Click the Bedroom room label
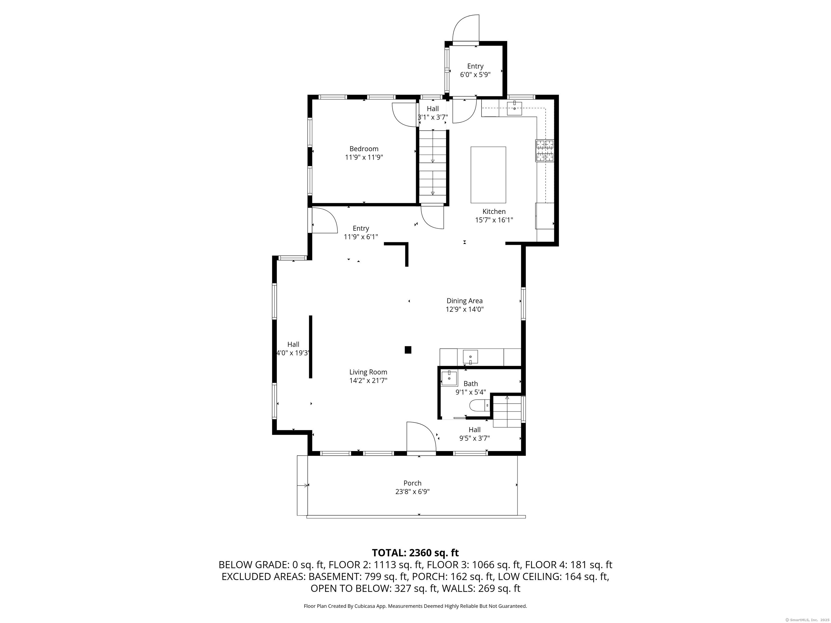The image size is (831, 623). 364,149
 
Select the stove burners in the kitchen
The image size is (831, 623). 545,151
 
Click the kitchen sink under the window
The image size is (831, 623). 514,108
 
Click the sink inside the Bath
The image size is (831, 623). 449,378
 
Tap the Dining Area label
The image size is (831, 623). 464,301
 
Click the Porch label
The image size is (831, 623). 413,483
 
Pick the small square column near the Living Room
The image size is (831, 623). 408,350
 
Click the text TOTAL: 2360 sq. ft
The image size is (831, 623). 415,553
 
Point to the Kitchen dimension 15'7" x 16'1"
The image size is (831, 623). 494,220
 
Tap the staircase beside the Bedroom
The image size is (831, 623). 433,167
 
